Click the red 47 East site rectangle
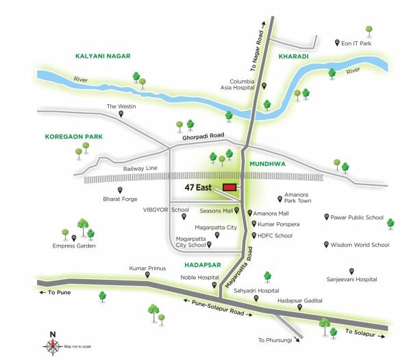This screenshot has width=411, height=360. coord(229,187)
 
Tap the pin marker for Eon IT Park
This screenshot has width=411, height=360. coord(336,43)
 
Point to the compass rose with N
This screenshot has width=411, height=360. coord(53,345)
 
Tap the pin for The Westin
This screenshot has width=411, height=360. coord(121,115)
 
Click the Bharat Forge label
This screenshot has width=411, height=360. coord(119,201)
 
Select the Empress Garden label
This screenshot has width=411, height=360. coord(74,245)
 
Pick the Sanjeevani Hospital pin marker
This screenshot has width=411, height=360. coord(351,271)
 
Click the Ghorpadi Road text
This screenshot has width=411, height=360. coord(203,137)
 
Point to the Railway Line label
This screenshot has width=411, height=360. coord(140,168)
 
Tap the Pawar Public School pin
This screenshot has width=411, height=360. coord(325,217)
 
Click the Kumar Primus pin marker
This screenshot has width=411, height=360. coord(147,276)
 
